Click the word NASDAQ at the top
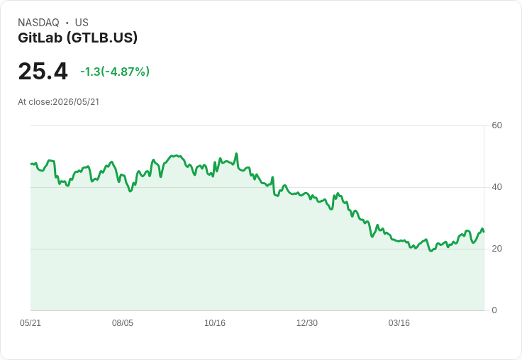38,23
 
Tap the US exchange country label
82,23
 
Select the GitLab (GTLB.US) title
77,38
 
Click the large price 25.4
43,71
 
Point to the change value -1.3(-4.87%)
115,72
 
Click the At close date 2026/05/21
76,102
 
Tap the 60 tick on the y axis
496,125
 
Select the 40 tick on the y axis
496,187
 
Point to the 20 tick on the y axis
496,249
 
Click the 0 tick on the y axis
494,310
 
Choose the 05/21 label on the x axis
30,323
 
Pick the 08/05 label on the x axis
123,323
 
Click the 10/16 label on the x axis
215,323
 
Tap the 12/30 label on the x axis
307,323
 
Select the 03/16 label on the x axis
399,323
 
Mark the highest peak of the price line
236,153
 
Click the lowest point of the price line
431,251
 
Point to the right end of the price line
484,232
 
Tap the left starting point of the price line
31,164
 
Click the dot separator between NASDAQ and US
67,23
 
